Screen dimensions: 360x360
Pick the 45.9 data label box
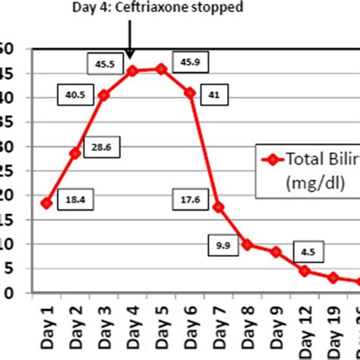tap(186, 62)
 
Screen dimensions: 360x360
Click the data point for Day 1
tap(46, 203)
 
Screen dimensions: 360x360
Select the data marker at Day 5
tap(161, 68)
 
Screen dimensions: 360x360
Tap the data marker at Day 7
tap(219, 207)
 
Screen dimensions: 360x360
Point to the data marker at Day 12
tap(305, 270)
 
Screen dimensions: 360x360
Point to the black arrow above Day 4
tap(130, 42)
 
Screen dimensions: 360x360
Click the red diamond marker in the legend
tap(271, 159)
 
